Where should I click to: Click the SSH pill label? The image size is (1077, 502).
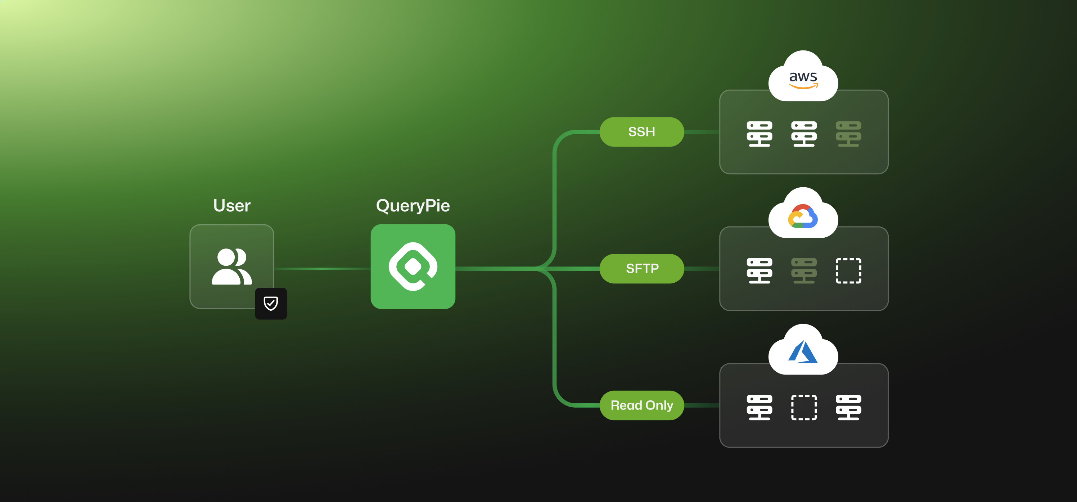(x=641, y=132)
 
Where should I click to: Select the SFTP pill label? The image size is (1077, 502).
(x=642, y=269)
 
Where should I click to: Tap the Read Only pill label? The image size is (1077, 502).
(x=642, y=405)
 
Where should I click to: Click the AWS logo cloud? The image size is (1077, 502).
(x=803, y=78)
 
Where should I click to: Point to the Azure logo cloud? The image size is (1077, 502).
(x=803, y=352)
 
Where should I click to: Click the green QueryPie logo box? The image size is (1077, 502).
(x=413, y=266)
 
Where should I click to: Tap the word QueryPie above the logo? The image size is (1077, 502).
(x=413, y=206)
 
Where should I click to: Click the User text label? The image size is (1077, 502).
(x=231, y=206)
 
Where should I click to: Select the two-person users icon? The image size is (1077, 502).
(x=231, y=266)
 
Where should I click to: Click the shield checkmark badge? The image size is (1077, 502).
(x=271, y=303)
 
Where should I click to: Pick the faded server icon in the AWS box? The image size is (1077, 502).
(x=848, y=134)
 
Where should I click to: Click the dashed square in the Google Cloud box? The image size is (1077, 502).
(x=848, y=271)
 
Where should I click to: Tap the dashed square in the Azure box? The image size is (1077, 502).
(x=803, y=407)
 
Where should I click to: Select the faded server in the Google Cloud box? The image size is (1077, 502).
(x=803, y=271)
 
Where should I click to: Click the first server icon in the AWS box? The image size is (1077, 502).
(x=759, y=134)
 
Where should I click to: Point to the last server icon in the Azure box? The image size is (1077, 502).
(x=848, y=407)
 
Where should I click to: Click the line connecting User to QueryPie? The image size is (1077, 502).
(x=322, y=269)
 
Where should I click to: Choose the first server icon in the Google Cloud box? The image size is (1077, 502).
(x=759, y=271)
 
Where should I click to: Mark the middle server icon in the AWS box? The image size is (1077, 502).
(x=803, y=134)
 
